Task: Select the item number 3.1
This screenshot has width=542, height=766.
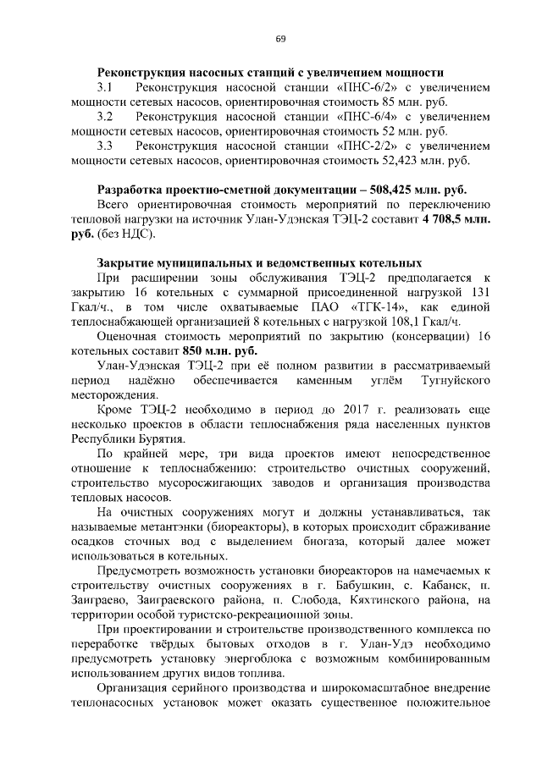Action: tap(105, 87)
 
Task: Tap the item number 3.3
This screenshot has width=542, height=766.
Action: tap(105, 146)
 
